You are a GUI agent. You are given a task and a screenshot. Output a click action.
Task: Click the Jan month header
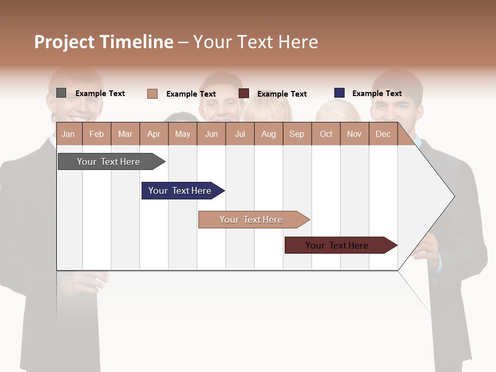click(x=69, y=134)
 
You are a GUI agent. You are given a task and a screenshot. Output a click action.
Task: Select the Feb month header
click(x=97, y=134)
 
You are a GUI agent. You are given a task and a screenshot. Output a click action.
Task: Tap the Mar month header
click(x=125, y=134)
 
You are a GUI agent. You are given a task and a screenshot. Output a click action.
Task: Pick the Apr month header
click(x=154, y=134)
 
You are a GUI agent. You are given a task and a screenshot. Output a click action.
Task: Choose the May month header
click(x=182, y=134)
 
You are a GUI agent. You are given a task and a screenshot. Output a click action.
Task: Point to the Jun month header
click(x=211, y=134)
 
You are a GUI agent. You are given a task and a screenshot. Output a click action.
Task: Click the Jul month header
click(x=240, y=134)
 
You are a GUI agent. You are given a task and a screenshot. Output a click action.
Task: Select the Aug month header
click(x=269, y=134)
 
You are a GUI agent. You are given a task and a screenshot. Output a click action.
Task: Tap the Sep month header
click(x=297, y=134)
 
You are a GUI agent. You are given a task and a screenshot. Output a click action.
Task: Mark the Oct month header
click(x=326, y=134)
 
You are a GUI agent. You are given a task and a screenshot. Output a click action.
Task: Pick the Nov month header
click(x=354, y=134)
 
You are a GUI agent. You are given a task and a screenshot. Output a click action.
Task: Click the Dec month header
click(x=383, y=134)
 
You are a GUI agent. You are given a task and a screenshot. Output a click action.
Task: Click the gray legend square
click(x=61, y=93)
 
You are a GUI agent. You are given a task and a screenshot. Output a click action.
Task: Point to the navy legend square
click(x=339, y=93)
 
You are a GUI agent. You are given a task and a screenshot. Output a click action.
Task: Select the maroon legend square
click(x=244, y=94)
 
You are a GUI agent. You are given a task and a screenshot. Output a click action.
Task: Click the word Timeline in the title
click(x=136, y=42)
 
